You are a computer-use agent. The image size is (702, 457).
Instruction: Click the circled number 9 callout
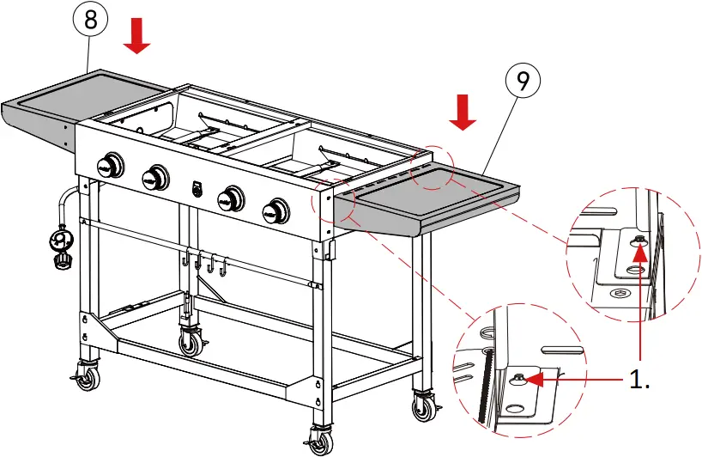click(x=522, y=81)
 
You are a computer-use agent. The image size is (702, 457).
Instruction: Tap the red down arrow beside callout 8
click(x=136, y=37)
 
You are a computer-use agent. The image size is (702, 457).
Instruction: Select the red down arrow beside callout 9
click(x=463, y=113)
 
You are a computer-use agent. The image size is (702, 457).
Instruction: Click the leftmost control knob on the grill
click(x=110, y=166)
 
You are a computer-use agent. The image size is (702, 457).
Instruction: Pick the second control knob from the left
click(x=155, y=178)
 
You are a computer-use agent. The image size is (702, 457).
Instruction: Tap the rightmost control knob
click(x=275, y=209)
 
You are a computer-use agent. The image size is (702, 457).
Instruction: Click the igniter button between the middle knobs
click(x=197, y=186)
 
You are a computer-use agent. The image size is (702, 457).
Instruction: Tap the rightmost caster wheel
click(x=425, y=405)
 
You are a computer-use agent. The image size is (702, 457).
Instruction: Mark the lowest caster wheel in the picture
click(x=320, y=441)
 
